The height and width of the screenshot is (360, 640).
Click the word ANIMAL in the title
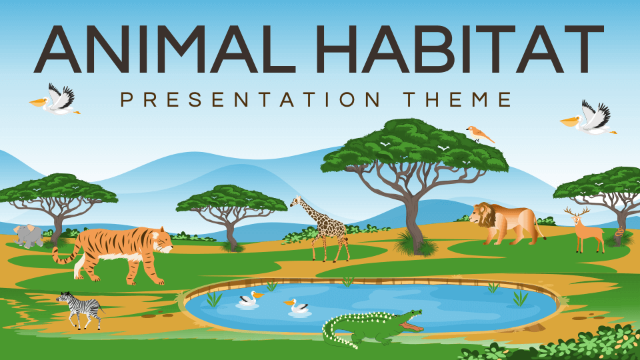165,49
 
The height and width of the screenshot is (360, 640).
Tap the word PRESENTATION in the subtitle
251,99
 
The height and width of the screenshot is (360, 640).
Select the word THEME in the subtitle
457,99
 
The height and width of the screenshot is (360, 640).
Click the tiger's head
161,241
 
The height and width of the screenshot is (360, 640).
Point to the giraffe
321,229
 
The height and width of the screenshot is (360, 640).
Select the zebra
81,310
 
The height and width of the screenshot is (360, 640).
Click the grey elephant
29,236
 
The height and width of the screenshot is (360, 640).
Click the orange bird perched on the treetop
479,134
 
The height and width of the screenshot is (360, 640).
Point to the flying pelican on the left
56,100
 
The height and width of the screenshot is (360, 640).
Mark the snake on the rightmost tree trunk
619,233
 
